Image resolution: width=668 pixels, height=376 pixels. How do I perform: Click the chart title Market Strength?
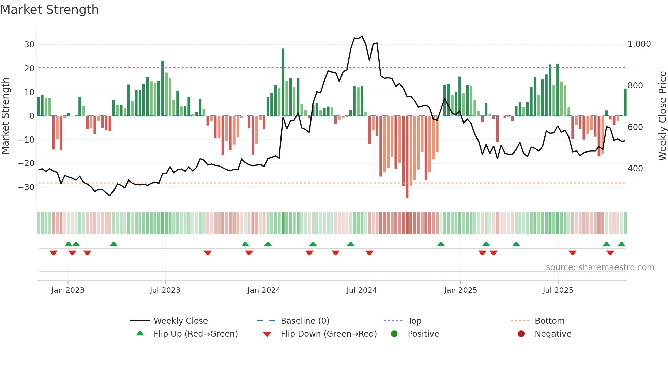pyautogui.click(x=49, y=10)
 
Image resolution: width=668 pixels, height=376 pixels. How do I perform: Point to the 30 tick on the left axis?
pyautogui.click(x=29, y=45)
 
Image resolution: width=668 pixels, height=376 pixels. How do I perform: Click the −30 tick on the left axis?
pyautogui.click(x=27, y=187)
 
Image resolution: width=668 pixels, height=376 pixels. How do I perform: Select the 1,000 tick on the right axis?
pyautogui.click(x=639, y=44)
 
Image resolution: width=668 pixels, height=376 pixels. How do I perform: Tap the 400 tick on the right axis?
pyautogui.click(x=635, y=169)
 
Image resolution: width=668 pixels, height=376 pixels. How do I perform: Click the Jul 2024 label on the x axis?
pyautogui.click(x=362, y=290)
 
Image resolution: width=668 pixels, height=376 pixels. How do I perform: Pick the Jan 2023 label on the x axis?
pyautogui.click(x=67, y=290)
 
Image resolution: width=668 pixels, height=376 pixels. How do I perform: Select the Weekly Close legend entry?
pyautogui.click(x=180, y=321)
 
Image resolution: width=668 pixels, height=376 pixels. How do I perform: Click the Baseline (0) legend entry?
pyautogui.click(x=305, y=321)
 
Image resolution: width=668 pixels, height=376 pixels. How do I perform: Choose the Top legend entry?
pyautogui.click(x=414, y=321)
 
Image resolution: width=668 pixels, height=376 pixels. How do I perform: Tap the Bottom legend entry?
pyautogui.click(x=549, y=321)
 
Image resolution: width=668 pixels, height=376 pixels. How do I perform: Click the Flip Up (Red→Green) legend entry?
pyautogui.click(x=195, y=334)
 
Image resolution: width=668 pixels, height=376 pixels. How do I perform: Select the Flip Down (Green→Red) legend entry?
pyautogui.click(x=329, y=334)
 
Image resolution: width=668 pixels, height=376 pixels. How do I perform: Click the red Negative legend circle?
pyautogui.click(x=521, y=334)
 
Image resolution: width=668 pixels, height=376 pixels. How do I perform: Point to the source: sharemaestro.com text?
pyautogui.click(x=600, y=267)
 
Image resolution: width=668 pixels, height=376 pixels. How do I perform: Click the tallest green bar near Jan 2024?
pyautogui.click(x=283, y=82)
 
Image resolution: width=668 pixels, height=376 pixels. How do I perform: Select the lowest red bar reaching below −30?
pyautogui.click(x=407, y=157)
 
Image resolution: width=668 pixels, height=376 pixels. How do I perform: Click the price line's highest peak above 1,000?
pyautogui.click(x=362, y=36)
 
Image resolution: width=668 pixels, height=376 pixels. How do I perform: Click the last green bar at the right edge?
pyautogui.click(x=625, y=102)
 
